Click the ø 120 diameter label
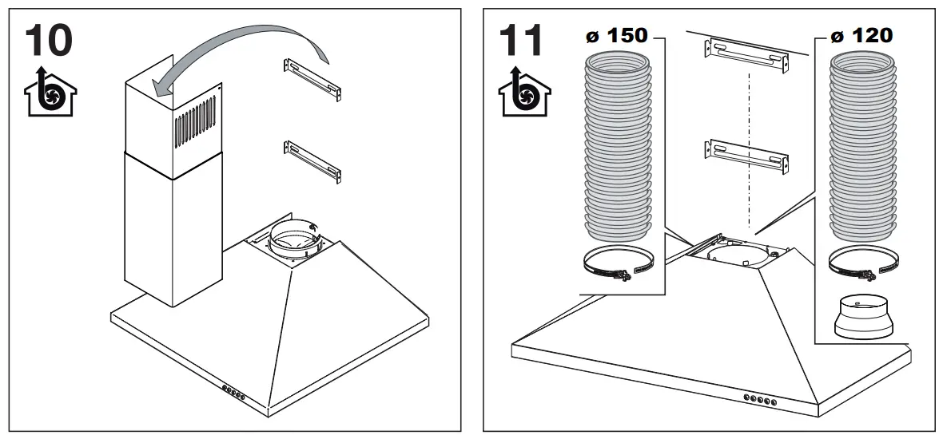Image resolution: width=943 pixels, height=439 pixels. [861, 37]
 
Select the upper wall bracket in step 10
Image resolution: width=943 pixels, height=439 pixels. [312, 79]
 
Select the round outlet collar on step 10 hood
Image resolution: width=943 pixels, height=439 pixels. [292, 238]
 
